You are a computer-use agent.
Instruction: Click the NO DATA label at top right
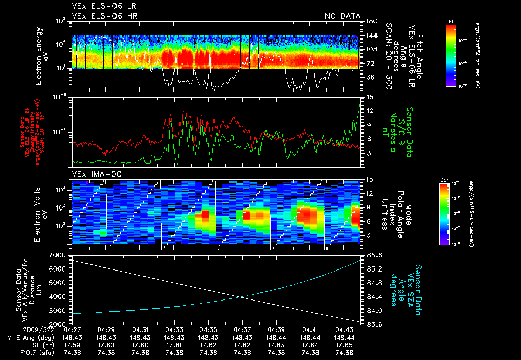point(342,16)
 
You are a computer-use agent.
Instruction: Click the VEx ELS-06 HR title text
point(104,16)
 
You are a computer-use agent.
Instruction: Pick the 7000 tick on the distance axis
point(59,254)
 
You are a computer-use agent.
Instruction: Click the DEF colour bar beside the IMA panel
point(444,214)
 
